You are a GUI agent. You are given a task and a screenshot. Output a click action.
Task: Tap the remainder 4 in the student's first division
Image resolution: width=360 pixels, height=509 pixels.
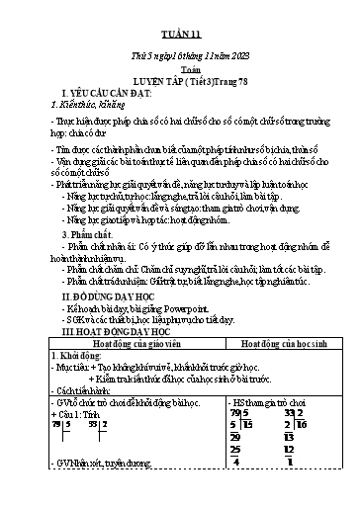tap(236, 487)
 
